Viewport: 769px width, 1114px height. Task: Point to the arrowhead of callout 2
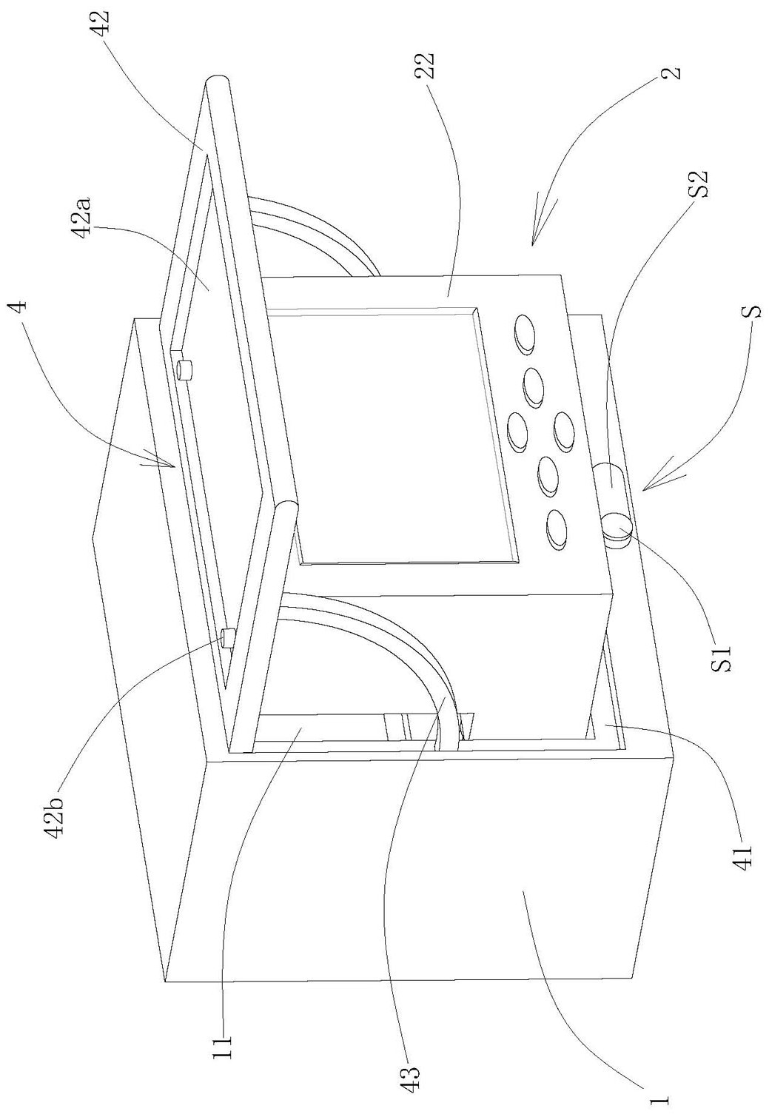[x=533, y=241]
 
